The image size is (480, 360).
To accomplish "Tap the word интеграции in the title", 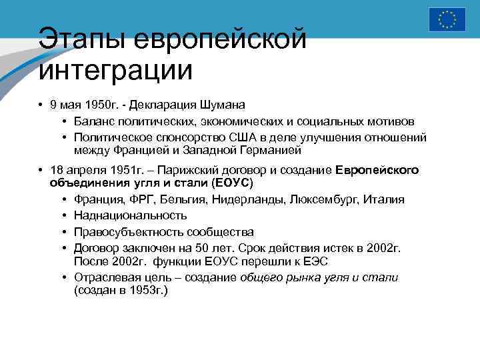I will coord(115,69).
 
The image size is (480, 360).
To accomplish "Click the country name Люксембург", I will coord(326,199).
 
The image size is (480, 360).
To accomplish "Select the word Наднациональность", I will coord(131,215).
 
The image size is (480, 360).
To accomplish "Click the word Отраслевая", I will coord(105,277).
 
